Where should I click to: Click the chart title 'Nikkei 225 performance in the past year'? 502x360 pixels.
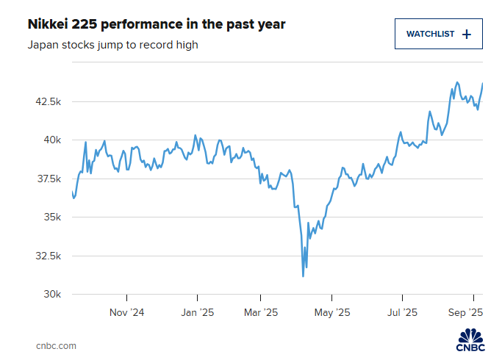[156, 24]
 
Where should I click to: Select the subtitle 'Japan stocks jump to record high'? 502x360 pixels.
[113, 45]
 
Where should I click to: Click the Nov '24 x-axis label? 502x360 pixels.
[127, 312]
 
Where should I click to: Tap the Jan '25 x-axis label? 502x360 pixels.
[197, 312]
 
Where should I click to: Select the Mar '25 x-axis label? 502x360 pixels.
[262, 312]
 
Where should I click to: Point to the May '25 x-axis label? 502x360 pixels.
[332, 312]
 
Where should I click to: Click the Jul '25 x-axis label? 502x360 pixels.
[402, 312]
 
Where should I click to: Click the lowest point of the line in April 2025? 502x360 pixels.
[303, 276]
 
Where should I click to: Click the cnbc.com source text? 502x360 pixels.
[56, 345]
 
